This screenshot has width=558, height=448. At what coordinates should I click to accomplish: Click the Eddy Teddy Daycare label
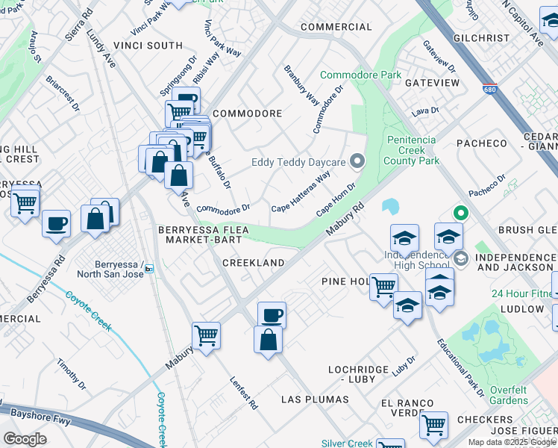(x=298, y=162)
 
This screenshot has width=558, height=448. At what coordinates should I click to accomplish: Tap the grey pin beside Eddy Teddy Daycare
(x=357, y=161)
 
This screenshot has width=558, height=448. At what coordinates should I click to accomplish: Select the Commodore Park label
(x=361, y=75)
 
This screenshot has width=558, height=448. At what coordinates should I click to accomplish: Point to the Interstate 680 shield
(x=489, y=88)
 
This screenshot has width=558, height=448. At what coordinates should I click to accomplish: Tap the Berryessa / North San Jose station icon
(x=149, y=269)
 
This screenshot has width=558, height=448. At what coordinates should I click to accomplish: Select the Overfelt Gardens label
(x=520, y=395)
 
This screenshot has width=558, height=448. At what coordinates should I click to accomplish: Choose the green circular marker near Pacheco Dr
(x=460, y=213)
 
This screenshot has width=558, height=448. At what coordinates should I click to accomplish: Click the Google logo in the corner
(x=25, y=439)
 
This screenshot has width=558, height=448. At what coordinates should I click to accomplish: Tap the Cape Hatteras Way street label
(x=301, y=192)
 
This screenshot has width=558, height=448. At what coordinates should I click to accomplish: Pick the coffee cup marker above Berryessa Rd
(x=57, y=223)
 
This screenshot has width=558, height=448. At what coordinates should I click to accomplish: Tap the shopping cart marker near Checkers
(x=433, y=425)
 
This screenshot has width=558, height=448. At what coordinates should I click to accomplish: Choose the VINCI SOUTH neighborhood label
(x=148, y=46)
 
